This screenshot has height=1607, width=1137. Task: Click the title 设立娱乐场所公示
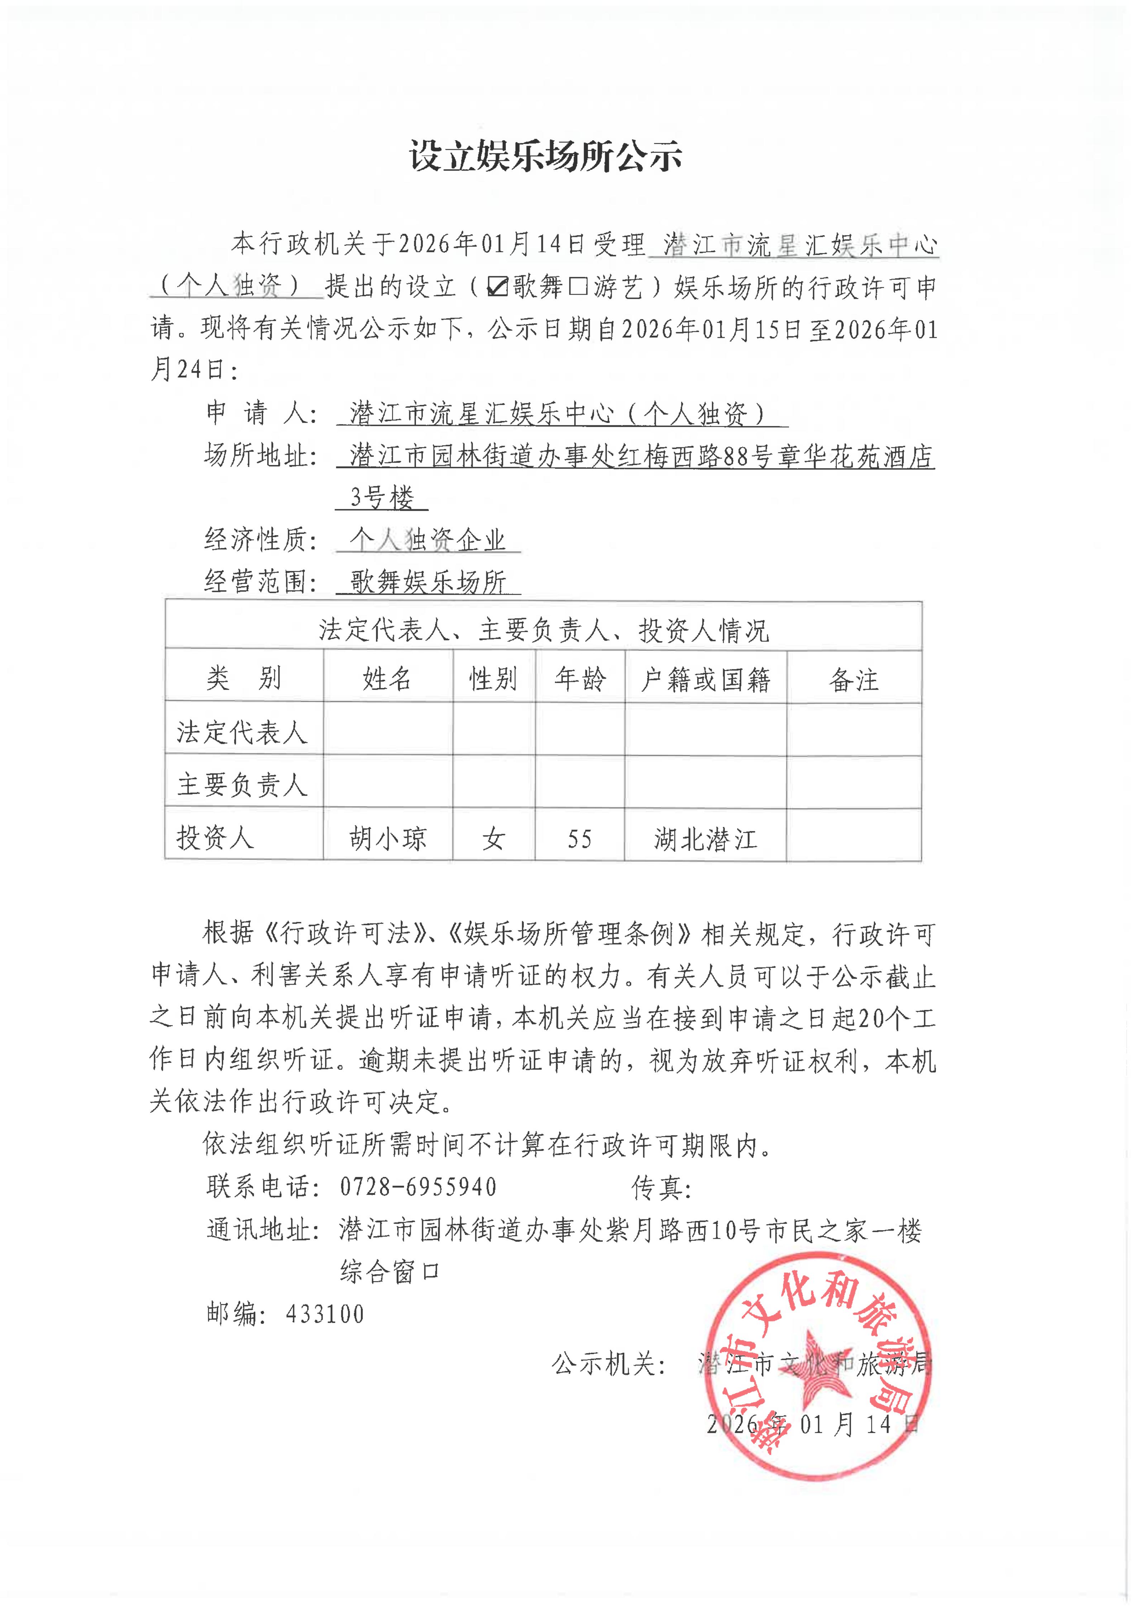pyautogui.click(x=545, y=156)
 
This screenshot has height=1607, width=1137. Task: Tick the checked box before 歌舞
pyautogui.click(x=497, y=286)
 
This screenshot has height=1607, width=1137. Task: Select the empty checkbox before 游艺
pyautogui.click(x=578, y=286)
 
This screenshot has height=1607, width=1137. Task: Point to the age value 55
pyautogui.click(x=580, y=838)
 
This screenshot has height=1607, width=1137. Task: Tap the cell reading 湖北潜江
pyautogui.click(x=705, y=838)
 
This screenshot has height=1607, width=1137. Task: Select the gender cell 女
pyautogui.click(x=493, y=838)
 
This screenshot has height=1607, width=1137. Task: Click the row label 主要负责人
pyautogui.click(x=242, y=785)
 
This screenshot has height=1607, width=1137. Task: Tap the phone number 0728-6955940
pyautogui.click(x=418, y=1186)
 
